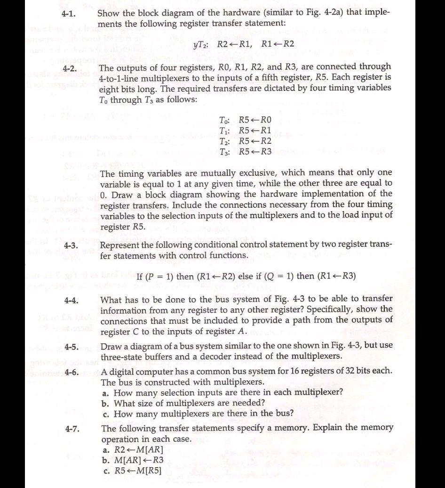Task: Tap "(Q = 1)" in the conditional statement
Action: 277,276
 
